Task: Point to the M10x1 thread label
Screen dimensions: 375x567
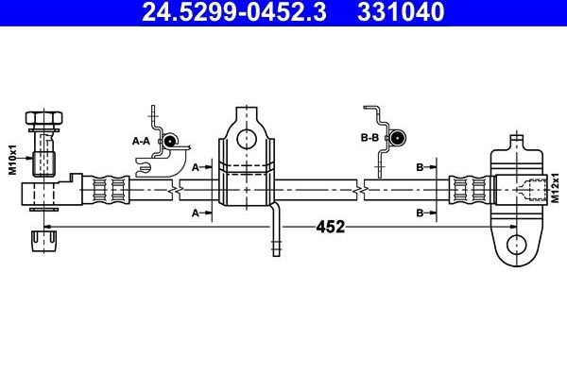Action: tap(13, 159)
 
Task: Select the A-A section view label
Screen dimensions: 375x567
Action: tap(141, 141)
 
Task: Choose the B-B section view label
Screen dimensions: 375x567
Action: tap(369, 138)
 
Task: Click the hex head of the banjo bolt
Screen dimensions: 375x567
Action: tap(44, 120)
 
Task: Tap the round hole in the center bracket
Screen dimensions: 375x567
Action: tap(247, 139)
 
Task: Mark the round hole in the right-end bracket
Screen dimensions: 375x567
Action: tap(515, 245)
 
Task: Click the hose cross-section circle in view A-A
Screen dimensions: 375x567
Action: tap(170, 141)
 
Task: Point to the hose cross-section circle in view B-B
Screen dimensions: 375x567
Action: tap(397, 137)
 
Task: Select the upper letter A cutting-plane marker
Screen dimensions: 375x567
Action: tap(196, 166)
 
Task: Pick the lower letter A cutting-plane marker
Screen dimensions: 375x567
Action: tap(196, 213)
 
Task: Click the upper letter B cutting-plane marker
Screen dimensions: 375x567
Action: tap(420, 166)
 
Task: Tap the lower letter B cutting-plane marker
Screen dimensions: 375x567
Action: tap(420, 213)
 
